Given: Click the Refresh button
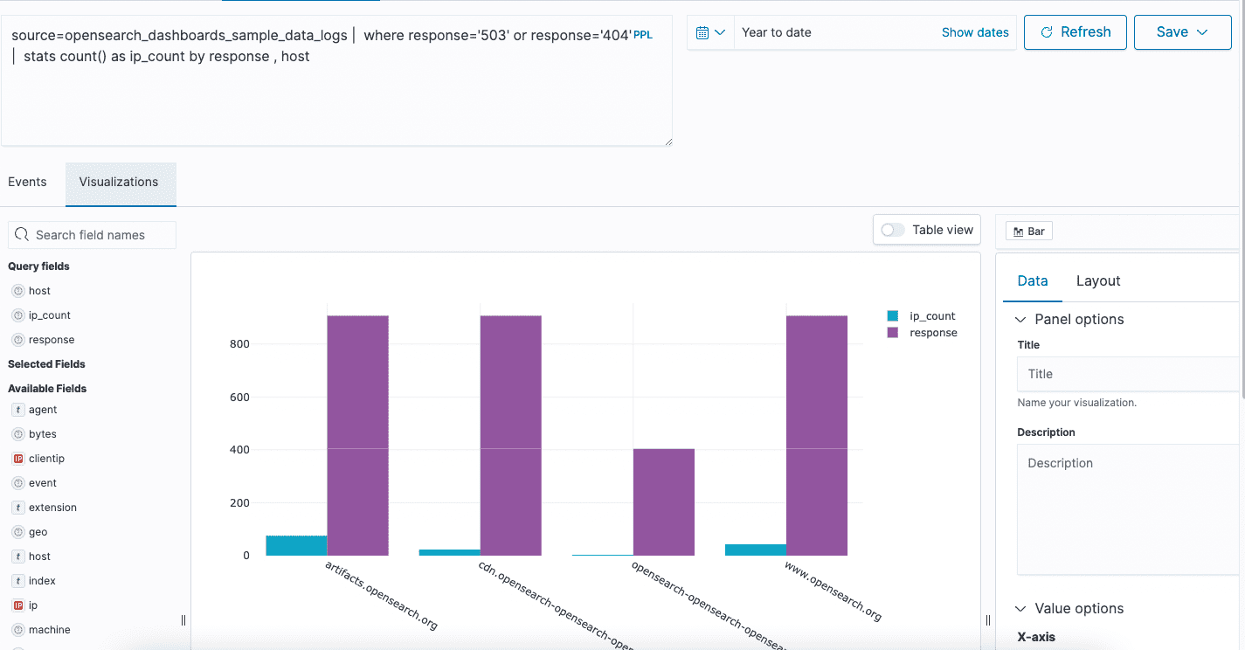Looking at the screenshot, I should pyautogui.click(x=1075, y=32).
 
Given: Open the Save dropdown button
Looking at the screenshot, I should pyautogui.click(x=1181, y=32).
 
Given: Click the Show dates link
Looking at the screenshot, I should pyautogui.click(x=974, y=32).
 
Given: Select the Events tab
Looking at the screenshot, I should pyautogui.click(x=27, y=182).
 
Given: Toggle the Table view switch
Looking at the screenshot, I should pyautogui.click(x=893, y=230).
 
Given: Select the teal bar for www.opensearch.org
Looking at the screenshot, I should pyautogui.click(x=755, y=550).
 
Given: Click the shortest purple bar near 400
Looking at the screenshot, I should pyautogui.click(x=663, y=501).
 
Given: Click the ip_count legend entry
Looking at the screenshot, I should pyautogui.click(x=931, y=316).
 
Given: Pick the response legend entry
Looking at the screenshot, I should pyautogui.click(x=932, y=333).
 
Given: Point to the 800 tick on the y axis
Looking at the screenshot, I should pyautogui.click(x=239, y=344).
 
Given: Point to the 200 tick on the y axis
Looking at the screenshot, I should pyautogui.click(x=239, y=503).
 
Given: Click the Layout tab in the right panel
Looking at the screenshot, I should pyautogui.click(x=1097, y=280).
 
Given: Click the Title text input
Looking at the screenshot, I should pyautogui.click(x=1127, y=374).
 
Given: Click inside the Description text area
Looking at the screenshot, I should pyautogui.click(x=1127, y=507).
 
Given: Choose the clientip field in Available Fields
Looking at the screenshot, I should pyautogui.click(x=46, y=459).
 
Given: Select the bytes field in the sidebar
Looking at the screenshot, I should pyautogui.click(x=42, y=434).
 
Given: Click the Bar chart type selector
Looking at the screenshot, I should pyautogui.click(x=1028, y=232).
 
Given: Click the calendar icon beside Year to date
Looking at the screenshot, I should pyautogui.click(x=710, y=32).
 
